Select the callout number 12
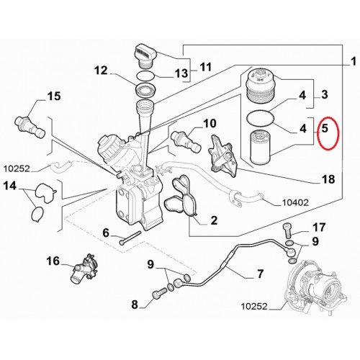pos(101,71)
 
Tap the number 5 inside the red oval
pos(325,128)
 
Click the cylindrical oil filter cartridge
pos(261,146)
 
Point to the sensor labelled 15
pos(30,127)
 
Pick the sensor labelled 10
pos(186,141)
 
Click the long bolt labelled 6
pos(130,238)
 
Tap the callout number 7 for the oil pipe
pos(260,274)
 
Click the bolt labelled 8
pos(160,293)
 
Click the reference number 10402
pos(295,203)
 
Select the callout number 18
pos(328,179)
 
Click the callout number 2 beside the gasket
pos(214,220)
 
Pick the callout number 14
pos(10,186)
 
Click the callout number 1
pos(353,62)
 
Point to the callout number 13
pos(181,73)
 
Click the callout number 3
pos(325,94)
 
